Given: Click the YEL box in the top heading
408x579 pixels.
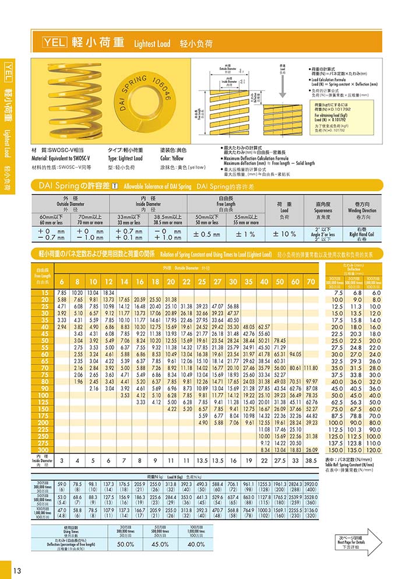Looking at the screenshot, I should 55,43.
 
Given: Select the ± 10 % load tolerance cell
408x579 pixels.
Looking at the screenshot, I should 284,234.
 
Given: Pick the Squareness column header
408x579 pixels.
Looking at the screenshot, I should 323,207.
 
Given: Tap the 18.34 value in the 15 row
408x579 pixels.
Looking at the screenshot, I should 108,292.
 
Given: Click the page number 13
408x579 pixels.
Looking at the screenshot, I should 17,569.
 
